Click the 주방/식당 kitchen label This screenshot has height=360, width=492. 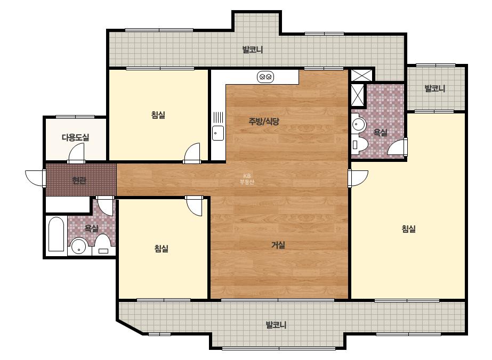point(263,121)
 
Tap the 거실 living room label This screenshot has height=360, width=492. point(278,245)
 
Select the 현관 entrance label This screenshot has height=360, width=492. point(79,181)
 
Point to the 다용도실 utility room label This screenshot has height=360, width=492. point(75,137)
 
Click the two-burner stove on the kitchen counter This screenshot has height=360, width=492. point(265,77)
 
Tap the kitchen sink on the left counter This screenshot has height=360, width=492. point(218,133)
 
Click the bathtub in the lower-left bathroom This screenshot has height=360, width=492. point(57,234)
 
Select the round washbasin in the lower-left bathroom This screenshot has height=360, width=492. point(78,247)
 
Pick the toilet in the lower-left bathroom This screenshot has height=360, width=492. point(102,245)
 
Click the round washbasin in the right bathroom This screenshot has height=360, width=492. point(359,124)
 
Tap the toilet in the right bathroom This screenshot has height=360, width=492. point(360,144)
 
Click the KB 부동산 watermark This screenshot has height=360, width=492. point(247,179)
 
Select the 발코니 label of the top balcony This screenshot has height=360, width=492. point(253,50)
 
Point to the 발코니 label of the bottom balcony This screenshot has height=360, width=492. point(276,324)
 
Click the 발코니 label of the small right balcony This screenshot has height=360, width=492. point(435,88)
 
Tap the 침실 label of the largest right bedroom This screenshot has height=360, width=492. point(408,229)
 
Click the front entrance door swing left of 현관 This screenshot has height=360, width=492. point(35,178)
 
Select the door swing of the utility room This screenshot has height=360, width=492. point(77,153)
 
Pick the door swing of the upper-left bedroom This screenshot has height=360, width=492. point(192,153)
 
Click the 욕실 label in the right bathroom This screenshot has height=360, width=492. point(380,133)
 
